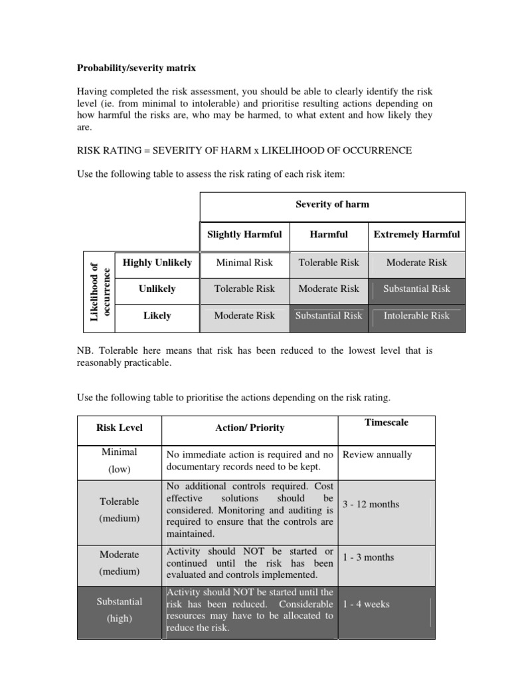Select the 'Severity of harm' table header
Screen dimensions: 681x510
coord(332,204)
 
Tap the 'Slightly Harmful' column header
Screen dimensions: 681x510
coord(244,234)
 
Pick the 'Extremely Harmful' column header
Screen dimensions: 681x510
coord(416,234)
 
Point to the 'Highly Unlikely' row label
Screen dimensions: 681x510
coord(157,263)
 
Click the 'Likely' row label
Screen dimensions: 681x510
coord(157,316)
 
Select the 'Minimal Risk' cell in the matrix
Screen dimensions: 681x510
coord(244,263)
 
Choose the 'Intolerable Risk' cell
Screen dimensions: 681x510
coord(416,316)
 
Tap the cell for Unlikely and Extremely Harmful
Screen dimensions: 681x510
coord(416,289)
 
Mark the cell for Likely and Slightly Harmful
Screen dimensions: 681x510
coord(244,316)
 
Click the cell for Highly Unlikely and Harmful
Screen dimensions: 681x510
coord(329,263)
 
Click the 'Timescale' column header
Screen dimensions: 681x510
coord(386,422)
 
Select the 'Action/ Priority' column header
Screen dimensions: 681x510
coord(250,428)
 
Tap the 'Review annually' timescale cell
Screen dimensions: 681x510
coord(377,455)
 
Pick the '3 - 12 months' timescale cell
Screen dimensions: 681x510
coord(371,504)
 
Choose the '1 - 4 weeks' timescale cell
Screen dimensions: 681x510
coord(366,605)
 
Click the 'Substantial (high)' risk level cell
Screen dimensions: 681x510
coord(120,609)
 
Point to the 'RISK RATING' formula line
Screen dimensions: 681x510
coord(244,150)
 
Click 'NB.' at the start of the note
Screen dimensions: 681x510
coord(85,350)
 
